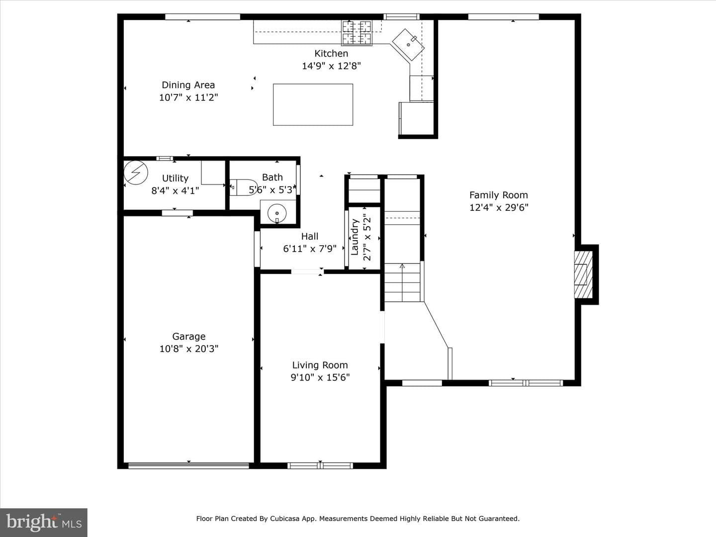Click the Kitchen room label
pyautogui.click(x=331, y=53)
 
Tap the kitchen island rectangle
pyautogui.click(x=313, y=104)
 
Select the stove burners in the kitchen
pyautogui.click(x=357, y=32)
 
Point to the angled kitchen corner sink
pyautogui.click(x=408, y=45)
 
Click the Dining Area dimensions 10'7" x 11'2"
pyautogui.click(x=188, y=97)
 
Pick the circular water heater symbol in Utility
pyautogui.click(x=136, y=173)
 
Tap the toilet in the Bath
pyautogui.click(x=243, y=187)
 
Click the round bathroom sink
pyautogui.click(x=277, y=213)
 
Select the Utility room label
pyautogui.click(x=175, y=179)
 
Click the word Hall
pyautogui.click(x=310, y=236)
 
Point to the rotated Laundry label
pyautogui.click(x=355, y=237)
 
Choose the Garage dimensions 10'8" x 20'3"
pyautogui.click(x=189, y=349)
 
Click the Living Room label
pyautogui.click(x=320, y=365)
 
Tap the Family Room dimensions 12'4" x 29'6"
pyautogui.click(x=499, y=207)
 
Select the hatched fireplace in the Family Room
pyautogui.click(x=583, y=274)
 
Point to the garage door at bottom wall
pyautogui.click(x=188, y=465)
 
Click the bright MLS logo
pyautogui.click(x=44, y=523)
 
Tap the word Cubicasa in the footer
pyautogui.click(x=283, y=519)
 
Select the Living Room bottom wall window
pyautogui.click(x=320, y=465)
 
